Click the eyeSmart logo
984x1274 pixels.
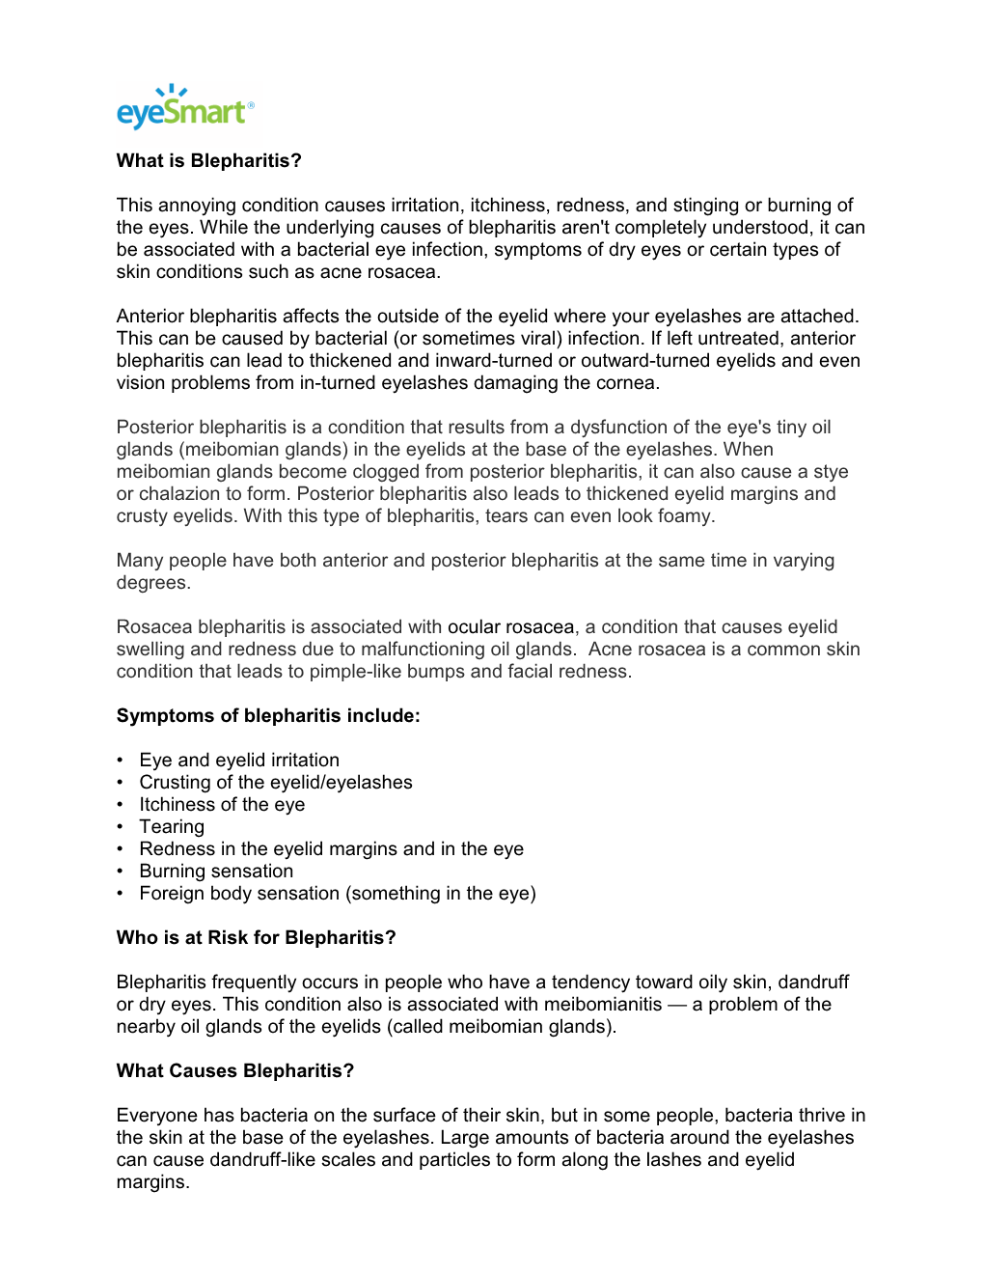pos(185,108)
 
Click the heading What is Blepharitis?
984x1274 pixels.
pos(208,161)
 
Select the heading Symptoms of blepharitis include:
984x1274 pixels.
pos(268,716)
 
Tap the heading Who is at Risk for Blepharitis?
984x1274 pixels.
pos(256,938)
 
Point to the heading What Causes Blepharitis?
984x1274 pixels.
pos(235,1071)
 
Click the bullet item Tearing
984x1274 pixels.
pos(172,827)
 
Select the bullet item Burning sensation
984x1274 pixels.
pos(216,872)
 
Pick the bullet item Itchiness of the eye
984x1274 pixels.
pos(222,805)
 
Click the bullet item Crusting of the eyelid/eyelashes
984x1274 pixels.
pos(276,783)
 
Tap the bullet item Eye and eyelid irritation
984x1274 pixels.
pos(239,761)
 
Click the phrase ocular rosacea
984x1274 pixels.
pos(510,627)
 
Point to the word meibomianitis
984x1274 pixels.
pos(603,1005)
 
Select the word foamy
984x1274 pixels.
pos(685,516)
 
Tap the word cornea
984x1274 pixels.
pos(627,383)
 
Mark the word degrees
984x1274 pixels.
pos(151,583)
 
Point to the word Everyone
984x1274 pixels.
pos(157,1116)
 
